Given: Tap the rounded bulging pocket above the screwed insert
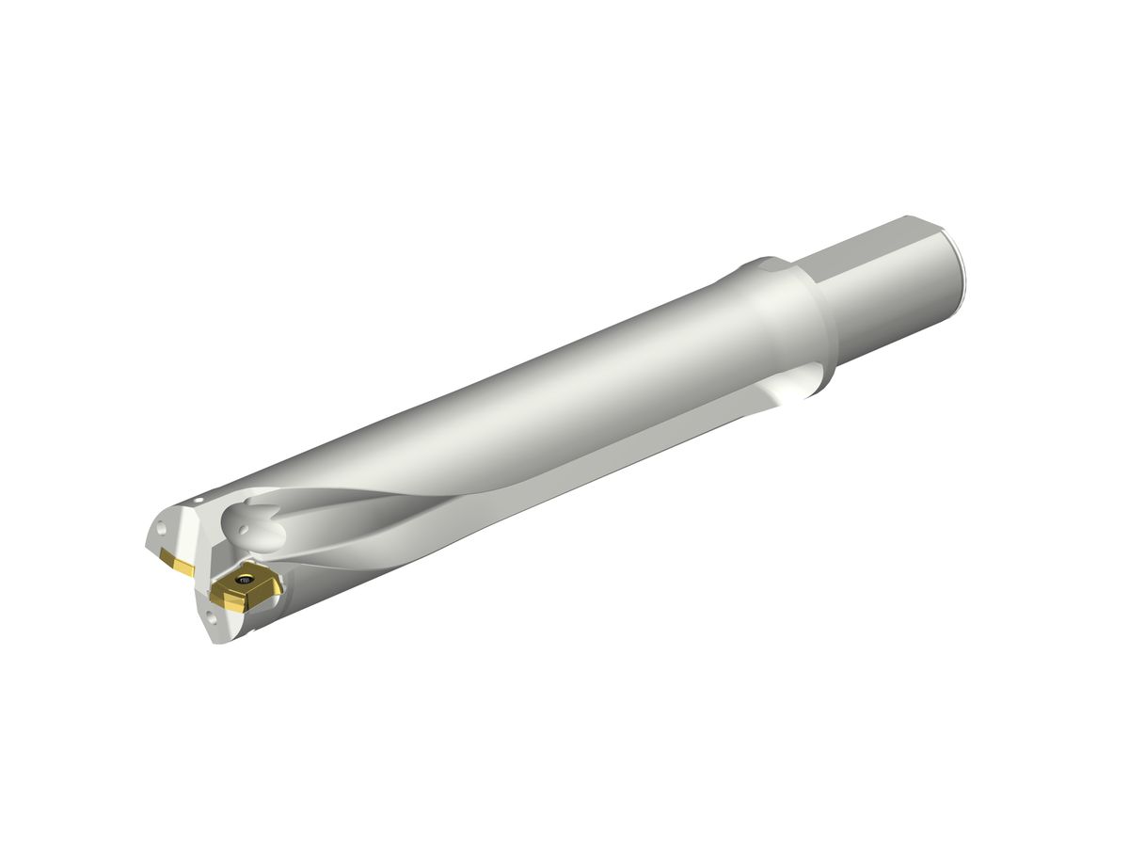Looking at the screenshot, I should pos(256,527).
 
